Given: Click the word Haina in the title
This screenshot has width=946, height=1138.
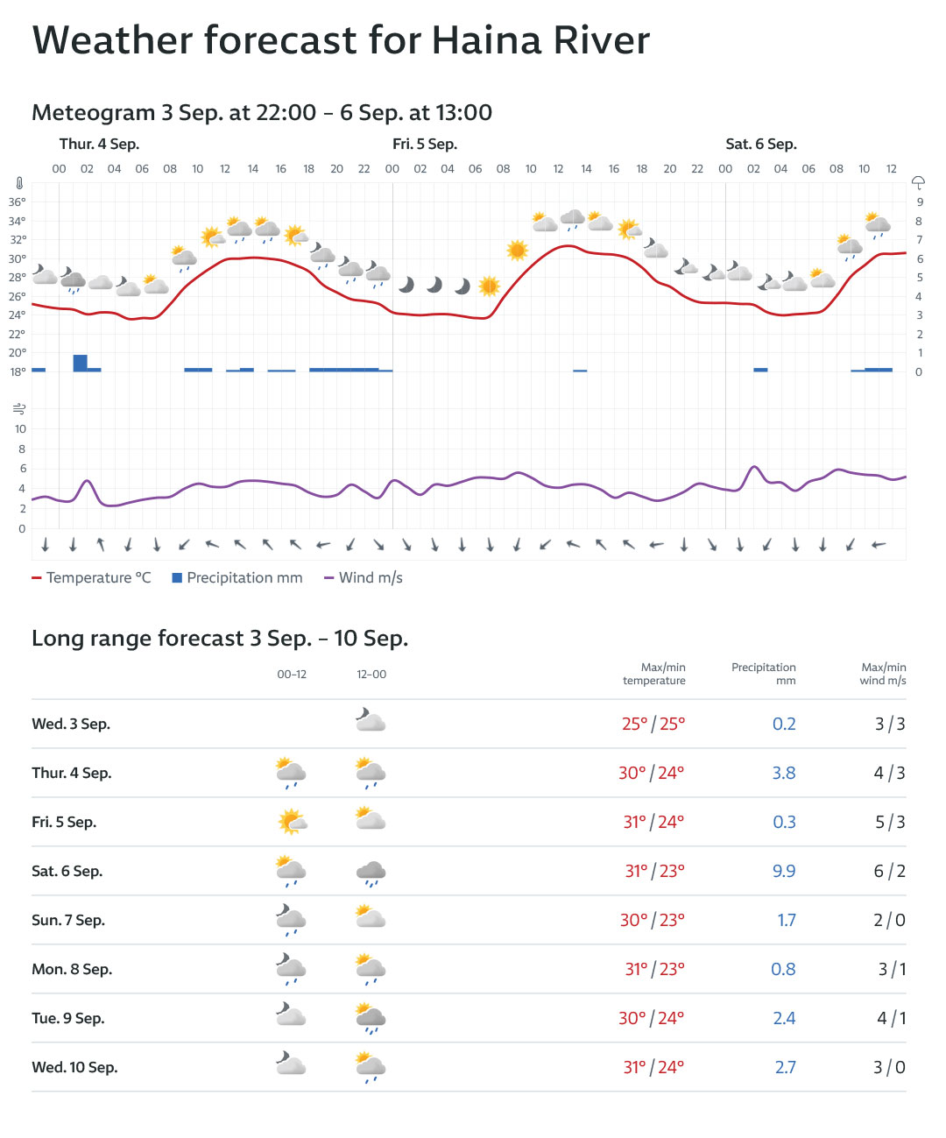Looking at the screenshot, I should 485,40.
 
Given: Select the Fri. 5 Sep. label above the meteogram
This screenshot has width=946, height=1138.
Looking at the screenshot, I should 425,145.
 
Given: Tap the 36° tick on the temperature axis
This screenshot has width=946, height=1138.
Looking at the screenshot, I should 18,201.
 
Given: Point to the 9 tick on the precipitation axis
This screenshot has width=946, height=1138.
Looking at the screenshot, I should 919,201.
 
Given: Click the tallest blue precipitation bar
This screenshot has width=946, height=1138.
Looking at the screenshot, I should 80,363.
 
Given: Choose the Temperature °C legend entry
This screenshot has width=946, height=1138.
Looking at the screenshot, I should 91,578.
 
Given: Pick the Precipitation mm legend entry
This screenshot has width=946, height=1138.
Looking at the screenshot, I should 237,578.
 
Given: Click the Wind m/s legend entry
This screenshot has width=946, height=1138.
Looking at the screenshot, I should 364,578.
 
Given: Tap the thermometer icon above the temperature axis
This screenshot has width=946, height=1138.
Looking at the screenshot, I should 18,183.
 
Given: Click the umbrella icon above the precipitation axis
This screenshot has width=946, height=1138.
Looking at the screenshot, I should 918,182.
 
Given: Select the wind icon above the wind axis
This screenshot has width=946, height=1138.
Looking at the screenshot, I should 19,409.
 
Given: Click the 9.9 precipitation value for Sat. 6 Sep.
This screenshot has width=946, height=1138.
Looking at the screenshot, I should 784,872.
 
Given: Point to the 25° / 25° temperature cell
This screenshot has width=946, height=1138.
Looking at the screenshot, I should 653,725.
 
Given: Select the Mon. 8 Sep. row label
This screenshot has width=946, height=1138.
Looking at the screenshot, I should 72,970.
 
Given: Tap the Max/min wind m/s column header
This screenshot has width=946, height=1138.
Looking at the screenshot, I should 883,674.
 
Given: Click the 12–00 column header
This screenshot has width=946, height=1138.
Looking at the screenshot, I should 371,675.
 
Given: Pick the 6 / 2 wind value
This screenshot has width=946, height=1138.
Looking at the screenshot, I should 889,872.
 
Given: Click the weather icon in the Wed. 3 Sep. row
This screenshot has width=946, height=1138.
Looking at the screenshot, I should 371,722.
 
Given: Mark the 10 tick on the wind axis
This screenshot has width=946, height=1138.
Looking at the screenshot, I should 20,429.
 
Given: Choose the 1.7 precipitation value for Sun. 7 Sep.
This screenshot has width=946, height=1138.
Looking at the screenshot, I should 787,921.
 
